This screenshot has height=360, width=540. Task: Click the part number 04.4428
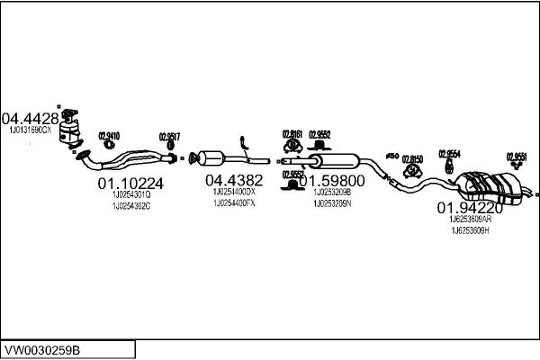coord(30,118)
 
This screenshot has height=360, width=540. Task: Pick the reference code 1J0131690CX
coord(31,131)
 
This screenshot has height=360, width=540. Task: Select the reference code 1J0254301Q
coord(131,194)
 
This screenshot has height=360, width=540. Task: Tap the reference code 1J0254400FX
coord(234,203)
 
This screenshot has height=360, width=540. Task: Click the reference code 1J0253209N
coord(332,202)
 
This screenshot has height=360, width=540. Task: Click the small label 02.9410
coord(108,136)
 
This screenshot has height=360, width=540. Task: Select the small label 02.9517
coord(170,137)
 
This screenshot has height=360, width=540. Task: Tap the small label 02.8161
coord(292,133)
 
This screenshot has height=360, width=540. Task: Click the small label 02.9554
coord(449,153)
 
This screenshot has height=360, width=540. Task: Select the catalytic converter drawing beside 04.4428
coord(71,131)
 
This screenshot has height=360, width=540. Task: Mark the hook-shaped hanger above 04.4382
coord(243,142)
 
